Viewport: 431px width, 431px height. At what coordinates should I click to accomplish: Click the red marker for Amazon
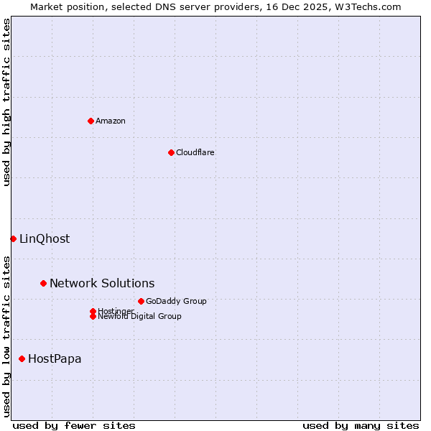coord(91,121)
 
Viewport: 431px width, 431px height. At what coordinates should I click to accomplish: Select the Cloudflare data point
coord(171,152)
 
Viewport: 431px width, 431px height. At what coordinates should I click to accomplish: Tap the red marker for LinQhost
coord(13,238)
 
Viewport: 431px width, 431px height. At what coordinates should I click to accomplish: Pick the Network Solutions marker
coord(43,283)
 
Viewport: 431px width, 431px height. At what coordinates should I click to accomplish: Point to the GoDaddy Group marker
coord(141,301)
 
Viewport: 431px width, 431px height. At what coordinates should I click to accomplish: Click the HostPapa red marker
coord(22,358)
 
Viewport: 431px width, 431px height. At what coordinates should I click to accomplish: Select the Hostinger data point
coord(93,311)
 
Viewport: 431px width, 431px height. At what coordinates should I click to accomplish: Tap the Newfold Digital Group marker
coord(93,317)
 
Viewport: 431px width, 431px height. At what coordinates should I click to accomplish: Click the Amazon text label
coord(111,121)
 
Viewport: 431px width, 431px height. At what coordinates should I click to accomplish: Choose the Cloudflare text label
coord(195,152)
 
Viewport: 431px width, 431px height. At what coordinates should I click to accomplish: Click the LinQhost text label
coord(45,238)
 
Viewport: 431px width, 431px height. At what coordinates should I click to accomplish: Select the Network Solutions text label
coord(102,283)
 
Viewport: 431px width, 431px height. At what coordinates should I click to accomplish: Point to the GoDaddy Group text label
coord(176,301)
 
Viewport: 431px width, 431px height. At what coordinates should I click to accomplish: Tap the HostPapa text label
coord(55,358)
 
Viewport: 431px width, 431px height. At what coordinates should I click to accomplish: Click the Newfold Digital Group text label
coord(140,317)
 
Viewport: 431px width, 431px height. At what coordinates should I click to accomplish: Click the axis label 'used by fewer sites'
coord(74,425)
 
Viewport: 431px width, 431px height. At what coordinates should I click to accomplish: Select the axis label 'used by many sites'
coord(361,425)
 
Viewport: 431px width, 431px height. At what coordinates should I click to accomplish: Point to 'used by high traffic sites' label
coord(6,102)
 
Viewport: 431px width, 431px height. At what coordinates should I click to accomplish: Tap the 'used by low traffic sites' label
coord(6,335)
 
